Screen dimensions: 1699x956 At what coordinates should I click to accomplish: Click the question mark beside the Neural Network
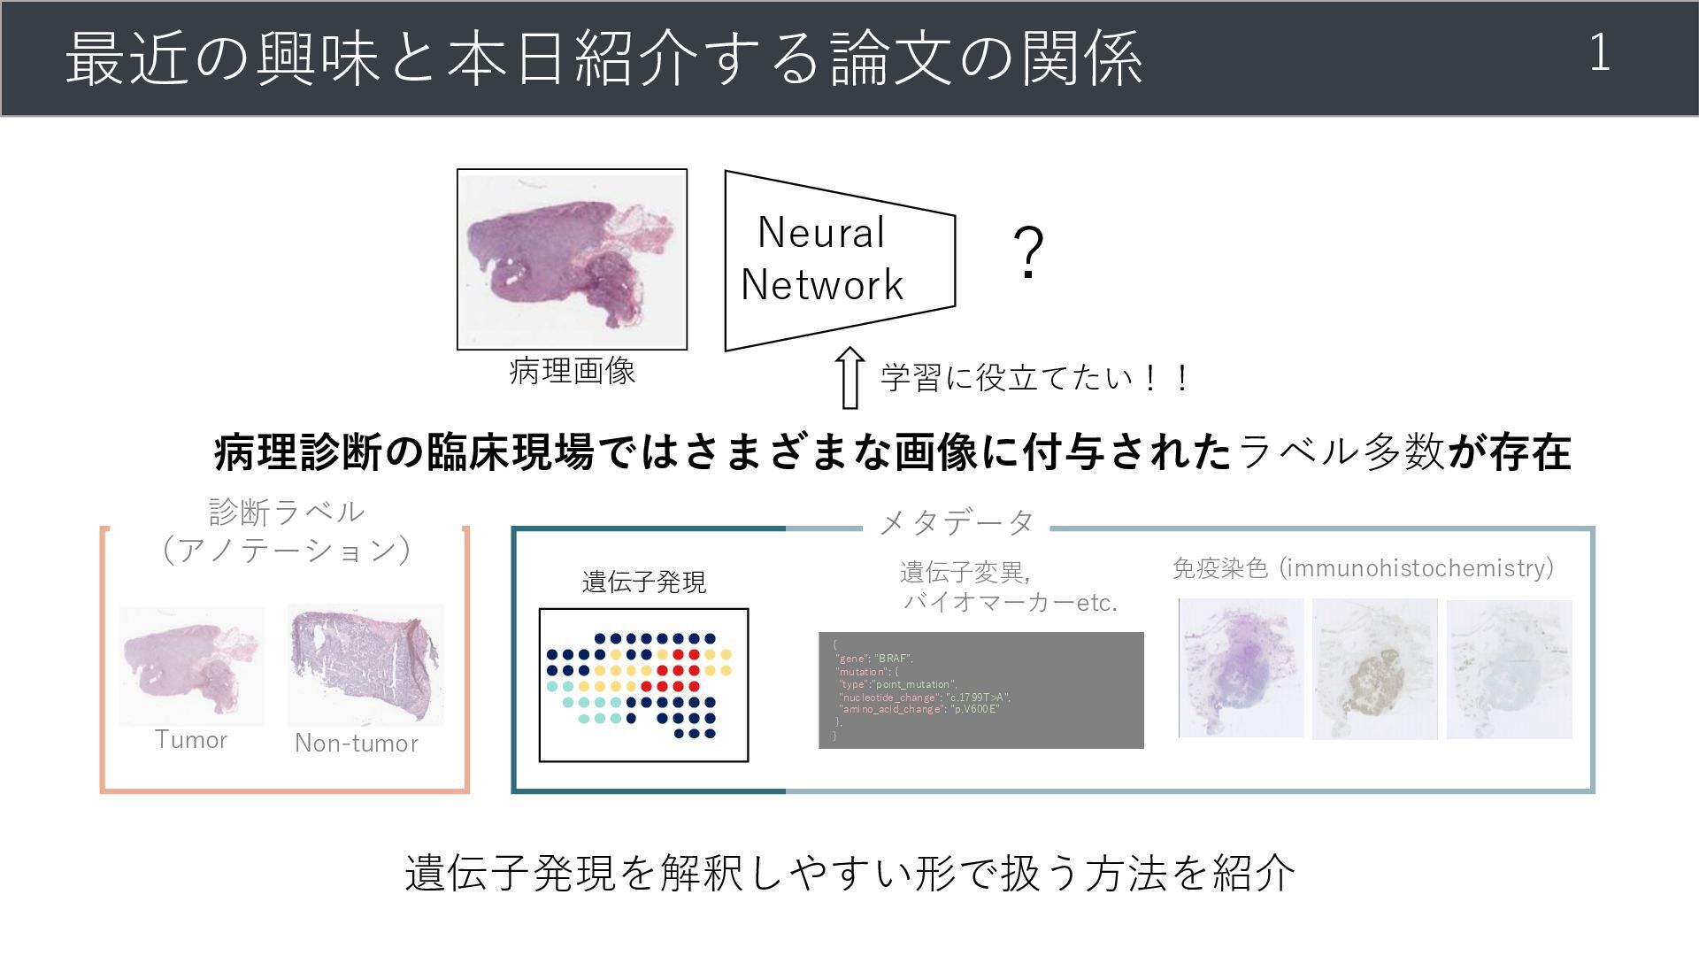pos(1028,253)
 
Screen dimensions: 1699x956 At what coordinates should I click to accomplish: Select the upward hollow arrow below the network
pos(849,377)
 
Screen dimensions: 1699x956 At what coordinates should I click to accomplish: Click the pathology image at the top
pos(572,259)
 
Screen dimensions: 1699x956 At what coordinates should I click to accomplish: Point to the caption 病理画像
pos(572,371)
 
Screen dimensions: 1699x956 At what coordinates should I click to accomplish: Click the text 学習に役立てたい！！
pos(1035,378)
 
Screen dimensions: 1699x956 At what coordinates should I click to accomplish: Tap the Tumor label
pos(191,740)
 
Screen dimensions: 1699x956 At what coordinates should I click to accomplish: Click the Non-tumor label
pos(357,743)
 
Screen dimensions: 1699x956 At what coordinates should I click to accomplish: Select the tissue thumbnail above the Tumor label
pos(192,666)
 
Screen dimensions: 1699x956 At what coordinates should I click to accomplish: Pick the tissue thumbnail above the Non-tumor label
pos(365,665)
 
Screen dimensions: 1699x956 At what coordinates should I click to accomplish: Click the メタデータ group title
pos(957,522)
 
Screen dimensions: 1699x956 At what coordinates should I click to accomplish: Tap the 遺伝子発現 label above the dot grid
pos(644,582)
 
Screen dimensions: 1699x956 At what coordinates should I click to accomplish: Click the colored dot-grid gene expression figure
pos(643,684)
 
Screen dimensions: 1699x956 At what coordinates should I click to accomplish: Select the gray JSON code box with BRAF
pos(980,690)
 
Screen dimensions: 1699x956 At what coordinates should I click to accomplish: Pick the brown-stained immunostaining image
pos(1374,668)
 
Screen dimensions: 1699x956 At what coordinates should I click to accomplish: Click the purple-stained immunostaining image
pos(1241,667)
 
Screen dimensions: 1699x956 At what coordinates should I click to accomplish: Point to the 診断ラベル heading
pos(286,512)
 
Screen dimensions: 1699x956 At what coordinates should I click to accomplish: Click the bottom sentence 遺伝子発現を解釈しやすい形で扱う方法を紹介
pos(849,873)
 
